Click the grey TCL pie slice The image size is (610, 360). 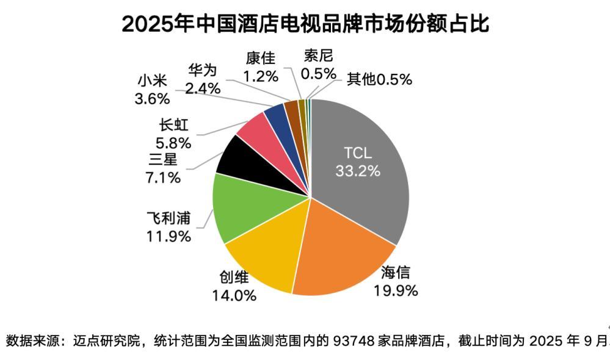(366, 183)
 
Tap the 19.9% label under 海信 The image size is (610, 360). (396, 290)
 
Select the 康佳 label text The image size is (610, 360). (261, 59)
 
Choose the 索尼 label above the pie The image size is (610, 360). (319, 57)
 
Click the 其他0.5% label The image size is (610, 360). (379, 79)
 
